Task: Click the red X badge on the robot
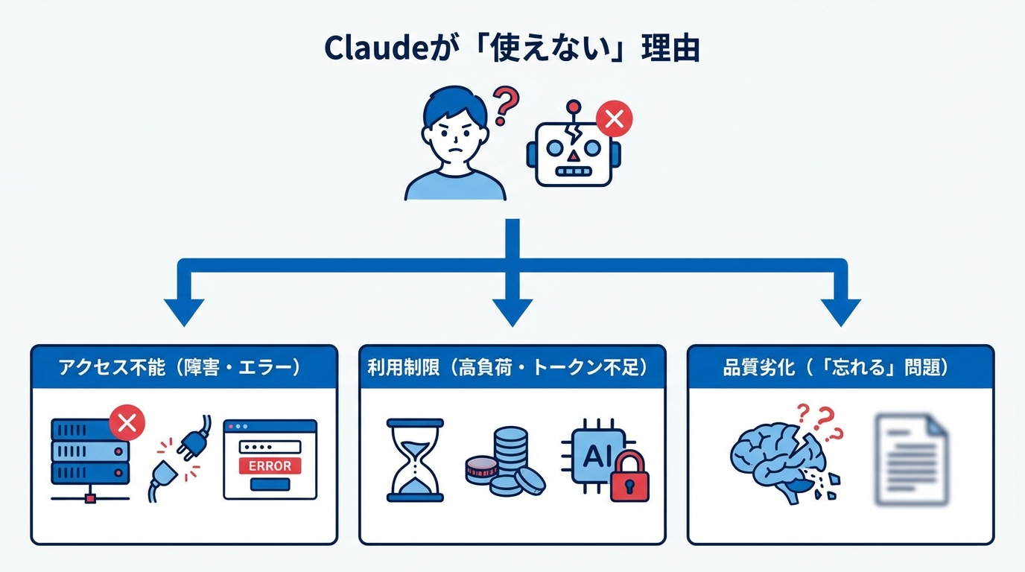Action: tap(615, 118)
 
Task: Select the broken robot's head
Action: tap(572, 152)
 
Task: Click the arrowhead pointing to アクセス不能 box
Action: tap(184, 312)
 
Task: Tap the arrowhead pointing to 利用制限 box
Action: tap(512, 312)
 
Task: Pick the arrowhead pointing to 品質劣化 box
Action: tap(840, 312)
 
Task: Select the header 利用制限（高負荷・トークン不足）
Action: tap(512, 368)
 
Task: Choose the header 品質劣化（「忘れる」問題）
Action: tap(840, 368)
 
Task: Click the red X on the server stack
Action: tap(127, 424)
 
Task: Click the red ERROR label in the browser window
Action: tap(270, 466)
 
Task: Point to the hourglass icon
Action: tap(415, 460)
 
